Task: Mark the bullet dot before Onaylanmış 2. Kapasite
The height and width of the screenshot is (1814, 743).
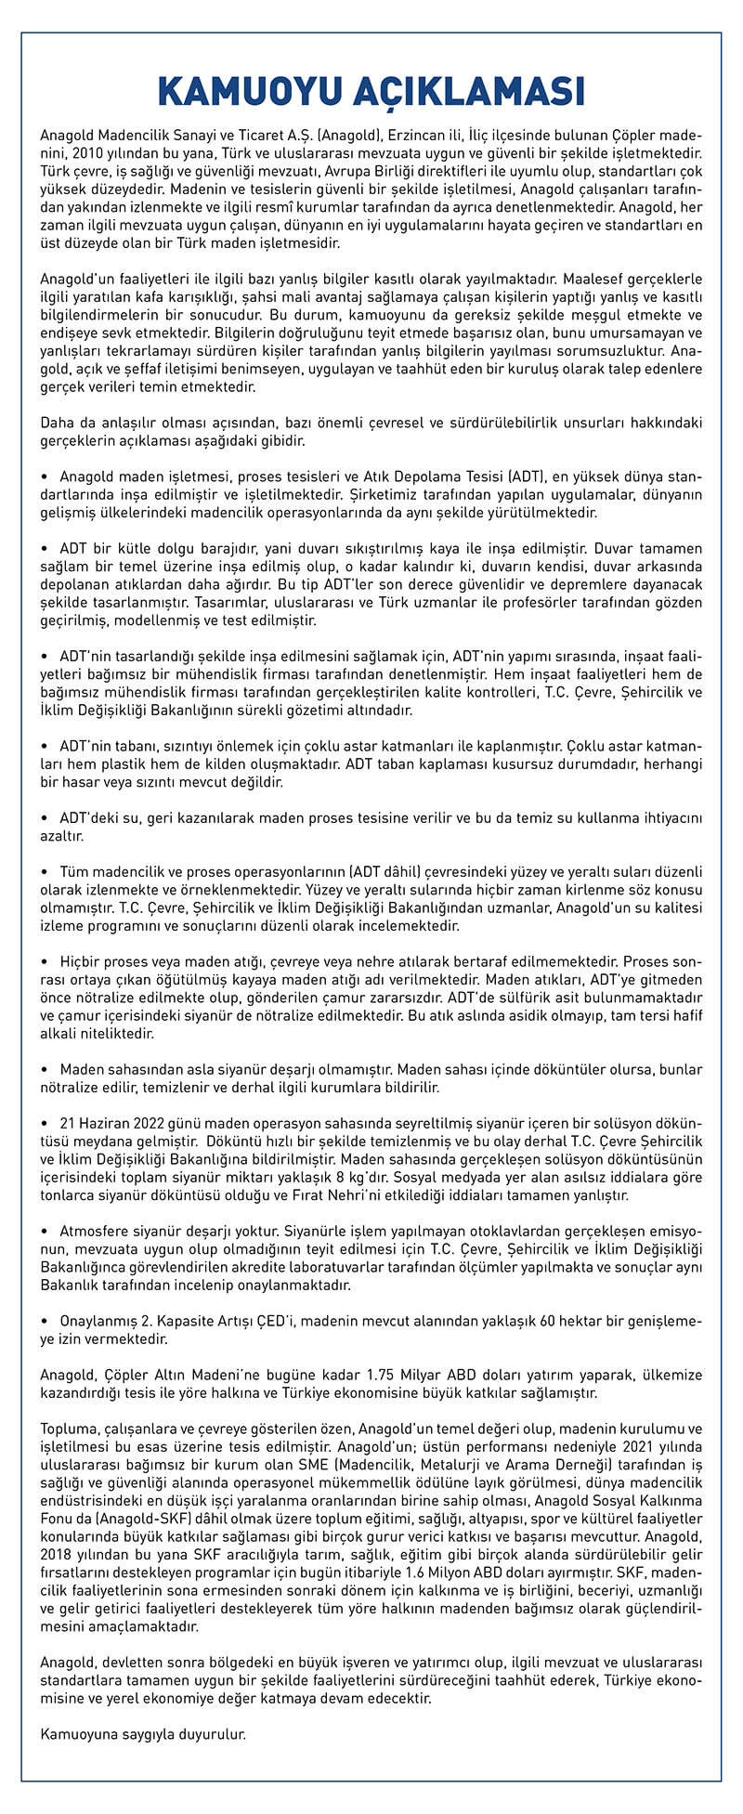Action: [x=45, y=1320]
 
